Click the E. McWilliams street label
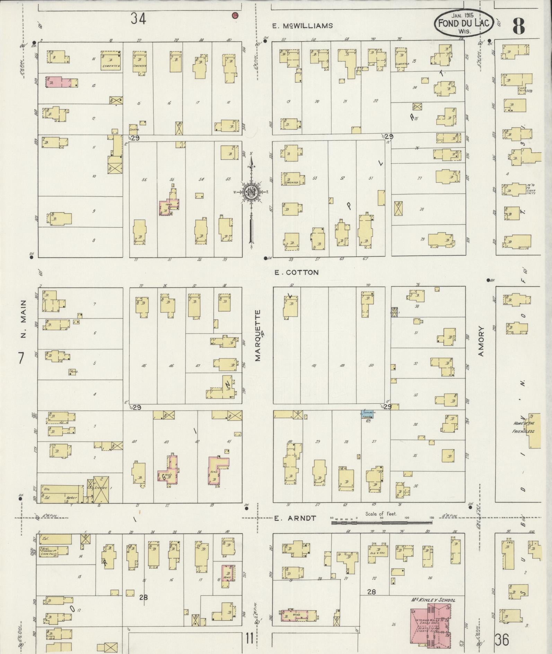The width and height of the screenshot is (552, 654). click(302, 26)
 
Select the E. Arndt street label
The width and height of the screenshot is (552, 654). click(295, 518)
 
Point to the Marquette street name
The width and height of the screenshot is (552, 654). click(258, 335)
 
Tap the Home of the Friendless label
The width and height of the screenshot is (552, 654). click(524, 427)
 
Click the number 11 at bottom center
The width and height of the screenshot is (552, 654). click(249, 638)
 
